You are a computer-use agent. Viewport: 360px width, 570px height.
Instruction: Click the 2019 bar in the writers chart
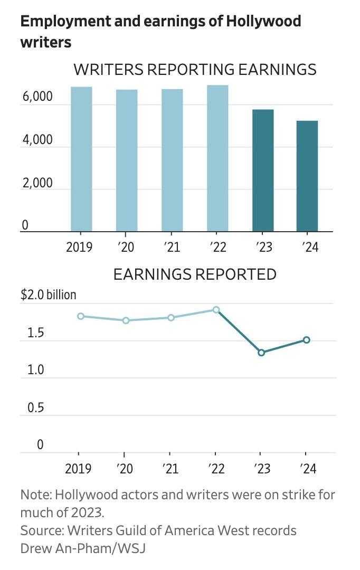pyautogui.click(x=81, y=159)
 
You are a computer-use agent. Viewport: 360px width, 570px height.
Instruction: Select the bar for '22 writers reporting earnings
pyautogui.click(x=217, y=158)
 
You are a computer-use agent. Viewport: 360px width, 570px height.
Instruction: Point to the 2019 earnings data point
pyautogui.click(x=80, y=316)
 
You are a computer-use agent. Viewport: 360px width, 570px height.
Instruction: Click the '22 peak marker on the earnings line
pyautogui.click(x=216, y=310)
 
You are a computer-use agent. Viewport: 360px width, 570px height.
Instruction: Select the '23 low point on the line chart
pyautogui.click(x=261, y=353)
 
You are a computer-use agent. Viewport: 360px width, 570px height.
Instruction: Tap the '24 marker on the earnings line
pyautogui.click(x=307, y=340)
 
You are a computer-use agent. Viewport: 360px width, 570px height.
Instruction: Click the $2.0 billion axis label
pyautogui.click(x=48, y=294)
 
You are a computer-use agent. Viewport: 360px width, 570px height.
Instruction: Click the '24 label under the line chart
pyautogui.click(x=309, y=469)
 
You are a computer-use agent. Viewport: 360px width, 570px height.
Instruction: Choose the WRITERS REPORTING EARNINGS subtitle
pyautogui.click(x=195, y=70)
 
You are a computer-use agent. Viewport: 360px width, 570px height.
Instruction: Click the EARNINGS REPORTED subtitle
pyautogui.click(x=195, y=274)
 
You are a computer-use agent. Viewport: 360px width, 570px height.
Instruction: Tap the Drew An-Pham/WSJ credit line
pyautogui.click(x=82, y=548)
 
